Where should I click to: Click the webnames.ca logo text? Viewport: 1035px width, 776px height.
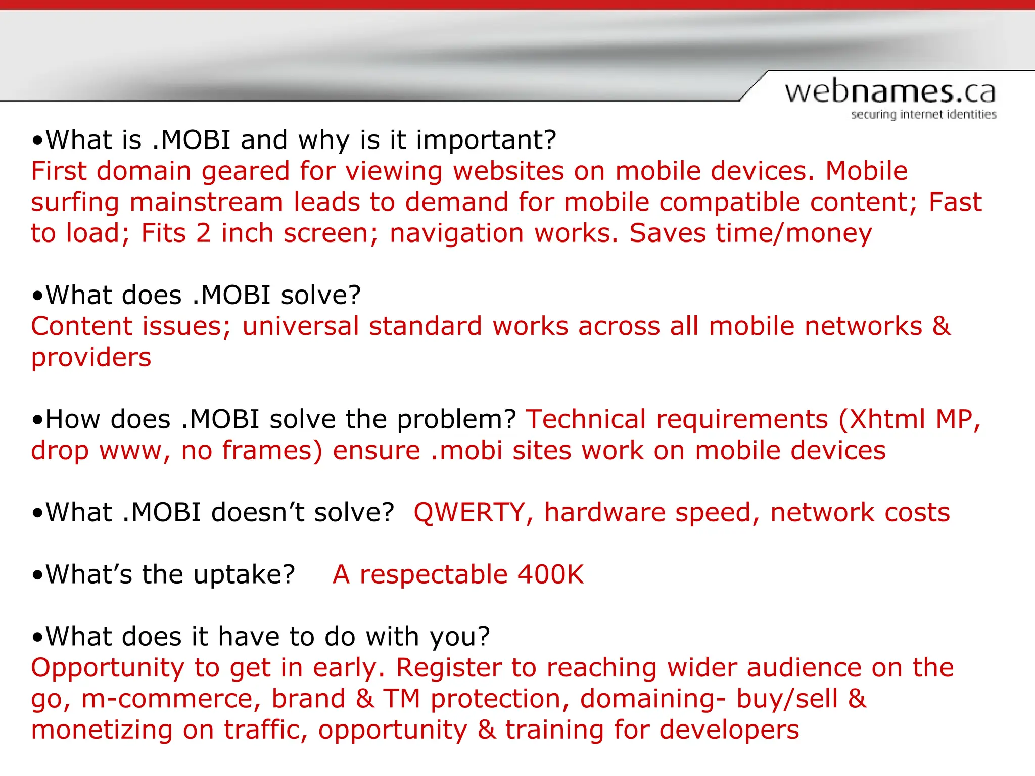(889, 92)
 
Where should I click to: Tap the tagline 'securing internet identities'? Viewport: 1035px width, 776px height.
(923, 115)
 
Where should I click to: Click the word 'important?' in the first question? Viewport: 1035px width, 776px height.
(486, 140)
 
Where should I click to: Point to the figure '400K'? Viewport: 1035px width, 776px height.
(550, 575)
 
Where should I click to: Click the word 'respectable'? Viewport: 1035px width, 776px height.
(433, 575)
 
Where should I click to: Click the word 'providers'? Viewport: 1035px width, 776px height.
(91, 358)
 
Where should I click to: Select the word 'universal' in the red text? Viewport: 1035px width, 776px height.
(300, 326)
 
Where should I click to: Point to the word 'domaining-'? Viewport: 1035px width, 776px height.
(652, 699)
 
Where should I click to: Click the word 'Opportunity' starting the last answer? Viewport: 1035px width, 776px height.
(107, 668)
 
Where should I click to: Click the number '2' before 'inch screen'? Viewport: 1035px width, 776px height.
(203, 233)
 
